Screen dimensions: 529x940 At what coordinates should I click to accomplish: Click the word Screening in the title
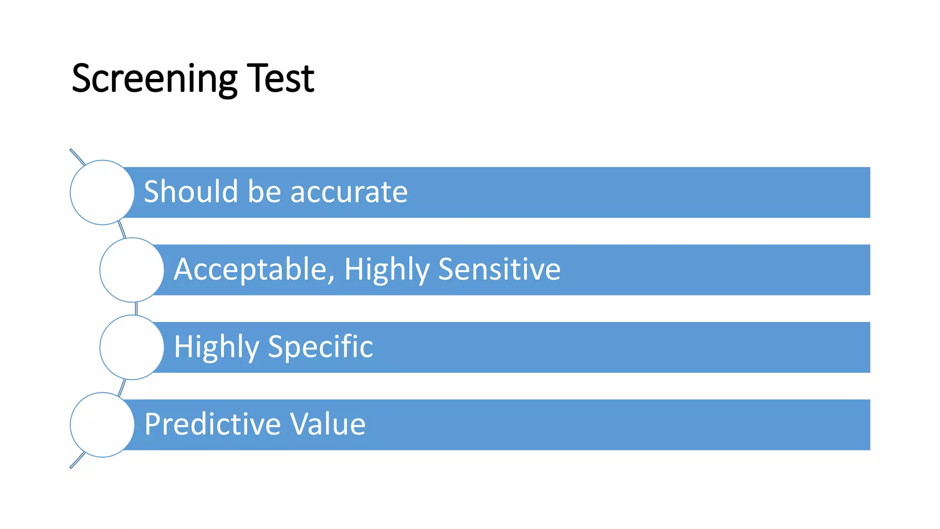tap(154, 79)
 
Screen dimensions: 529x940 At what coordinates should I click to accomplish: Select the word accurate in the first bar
tap(349, 192)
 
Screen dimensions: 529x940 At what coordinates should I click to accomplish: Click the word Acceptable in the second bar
tap(250, 269)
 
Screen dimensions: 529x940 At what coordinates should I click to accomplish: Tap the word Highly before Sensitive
tap(386, 270)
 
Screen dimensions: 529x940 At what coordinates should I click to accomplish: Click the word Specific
tap(320, 346)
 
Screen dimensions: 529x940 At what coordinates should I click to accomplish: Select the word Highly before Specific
tap(217, 347)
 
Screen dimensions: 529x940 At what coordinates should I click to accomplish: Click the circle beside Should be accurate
tap(102, 192)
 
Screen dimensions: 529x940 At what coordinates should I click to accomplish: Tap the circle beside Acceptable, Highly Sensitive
tap(132, 270)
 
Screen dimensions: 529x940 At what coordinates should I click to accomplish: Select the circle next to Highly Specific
tap(132, 347)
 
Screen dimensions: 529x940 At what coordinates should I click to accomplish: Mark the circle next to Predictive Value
tap(102, 425)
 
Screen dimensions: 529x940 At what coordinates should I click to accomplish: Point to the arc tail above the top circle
tap(77, 157)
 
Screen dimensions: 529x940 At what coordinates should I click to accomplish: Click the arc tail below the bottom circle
tap(77, 461)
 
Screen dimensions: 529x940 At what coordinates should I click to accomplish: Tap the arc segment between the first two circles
tap(122, 230)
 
